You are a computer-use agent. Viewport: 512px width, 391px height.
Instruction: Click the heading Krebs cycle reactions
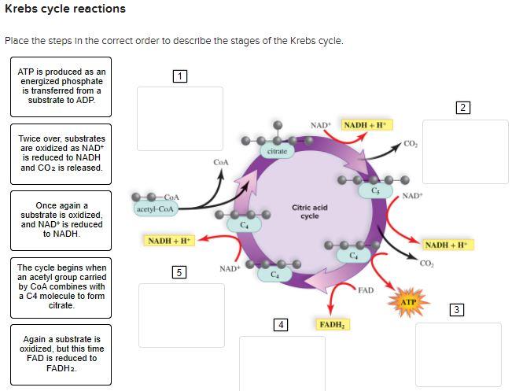click(x=65, y=9)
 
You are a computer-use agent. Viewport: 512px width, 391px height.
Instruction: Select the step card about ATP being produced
click(x=61, y=87)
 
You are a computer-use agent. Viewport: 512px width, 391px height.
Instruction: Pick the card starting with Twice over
click(x=61, y=153)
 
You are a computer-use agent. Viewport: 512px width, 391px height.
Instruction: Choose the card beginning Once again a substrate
click(x=61, y=219)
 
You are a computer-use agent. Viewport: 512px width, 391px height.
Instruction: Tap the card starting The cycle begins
click(x=61, y=286)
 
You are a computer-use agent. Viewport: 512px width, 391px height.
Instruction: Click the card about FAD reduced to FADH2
click(x=61, y=353)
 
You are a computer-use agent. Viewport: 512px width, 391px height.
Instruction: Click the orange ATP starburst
click(x=408, y=301)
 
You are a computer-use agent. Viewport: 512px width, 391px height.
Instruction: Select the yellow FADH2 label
click(x=333, y=324)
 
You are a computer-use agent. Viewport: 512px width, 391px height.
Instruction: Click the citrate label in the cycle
click(x=277, y=150)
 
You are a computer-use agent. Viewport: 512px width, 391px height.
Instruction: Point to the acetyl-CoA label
click(x=156, y=208)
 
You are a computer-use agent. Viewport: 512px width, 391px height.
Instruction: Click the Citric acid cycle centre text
click(x=309, y=212)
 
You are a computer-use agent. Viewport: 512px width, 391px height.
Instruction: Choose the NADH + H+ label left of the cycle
click(x=169, y=240)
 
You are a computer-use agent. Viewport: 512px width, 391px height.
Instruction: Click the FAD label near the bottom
click(x=366, y=290)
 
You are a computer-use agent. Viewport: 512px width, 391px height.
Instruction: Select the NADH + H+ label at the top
click(x=367, y=125)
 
